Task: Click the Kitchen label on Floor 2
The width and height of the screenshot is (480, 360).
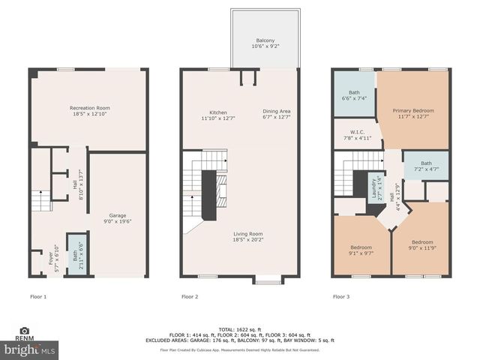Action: [218, 115]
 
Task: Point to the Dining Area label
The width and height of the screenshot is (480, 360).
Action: [277, 115]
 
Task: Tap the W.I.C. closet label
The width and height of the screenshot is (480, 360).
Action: [351, 134]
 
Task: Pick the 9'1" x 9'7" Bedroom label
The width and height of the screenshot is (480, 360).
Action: [361, 250]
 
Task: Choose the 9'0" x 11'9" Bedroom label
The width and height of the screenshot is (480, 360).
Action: [421, 245]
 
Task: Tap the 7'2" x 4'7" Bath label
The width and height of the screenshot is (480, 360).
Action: [426, 166]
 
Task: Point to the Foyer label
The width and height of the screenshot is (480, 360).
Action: [52, 258]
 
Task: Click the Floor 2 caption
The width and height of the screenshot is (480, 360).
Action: [190, 297]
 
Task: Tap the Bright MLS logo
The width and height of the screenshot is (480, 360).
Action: [29, 350]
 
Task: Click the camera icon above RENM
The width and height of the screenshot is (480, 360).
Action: [24, 331]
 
